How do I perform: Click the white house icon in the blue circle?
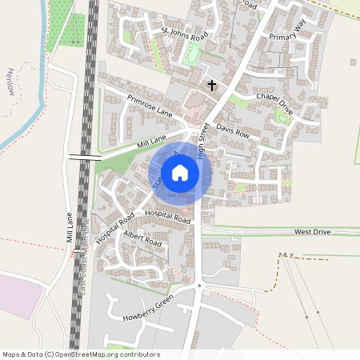[x=180, y=172]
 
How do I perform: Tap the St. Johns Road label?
[x=185, y=34]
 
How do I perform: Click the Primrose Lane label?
[x=150, y=105]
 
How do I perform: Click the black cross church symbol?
[x=212, y=84]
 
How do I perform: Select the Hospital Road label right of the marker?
[x=168, y=217]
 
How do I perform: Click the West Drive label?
[x=312, y=232]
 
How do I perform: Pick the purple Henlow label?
[x=10, y=80]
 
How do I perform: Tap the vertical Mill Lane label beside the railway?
[x=70, y=228]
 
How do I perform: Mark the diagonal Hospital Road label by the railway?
[x=114, y=228]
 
